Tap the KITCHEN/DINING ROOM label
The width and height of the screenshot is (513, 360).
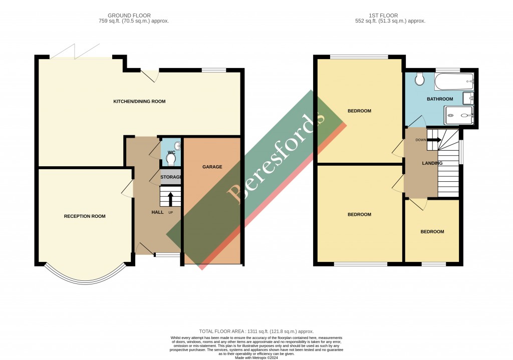139,102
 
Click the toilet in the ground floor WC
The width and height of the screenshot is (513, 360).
171,159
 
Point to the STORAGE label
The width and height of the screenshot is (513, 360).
171,177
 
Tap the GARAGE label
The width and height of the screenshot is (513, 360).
212,167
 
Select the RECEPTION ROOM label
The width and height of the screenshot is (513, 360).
85,216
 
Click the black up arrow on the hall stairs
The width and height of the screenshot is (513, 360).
170,199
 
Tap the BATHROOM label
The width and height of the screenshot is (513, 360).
440,99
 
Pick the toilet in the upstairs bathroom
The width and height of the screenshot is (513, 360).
420,79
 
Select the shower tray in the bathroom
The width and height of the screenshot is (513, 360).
458,116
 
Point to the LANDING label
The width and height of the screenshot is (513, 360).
432,163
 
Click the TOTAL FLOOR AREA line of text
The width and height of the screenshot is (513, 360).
256,331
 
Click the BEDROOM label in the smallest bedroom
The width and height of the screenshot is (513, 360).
432,232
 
